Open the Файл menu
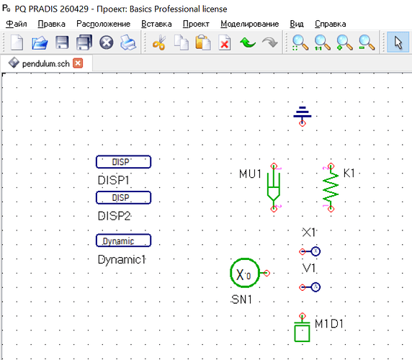point(17,24)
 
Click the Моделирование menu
point(250,24)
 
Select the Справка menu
point(331,24)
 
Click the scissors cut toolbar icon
point(159,42)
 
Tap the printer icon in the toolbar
point(128,42)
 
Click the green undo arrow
point(248,42)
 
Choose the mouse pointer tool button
point(398,42)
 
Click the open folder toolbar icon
point(40,43)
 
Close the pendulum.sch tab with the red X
point(78,63)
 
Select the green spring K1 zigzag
point(331,187)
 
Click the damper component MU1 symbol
point(274,187)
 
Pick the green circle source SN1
point(245,273)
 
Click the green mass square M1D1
point(303,333)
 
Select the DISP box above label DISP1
point(123,162)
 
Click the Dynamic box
point(123,240)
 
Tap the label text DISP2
point(114,216)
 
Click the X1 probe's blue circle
point(315,251)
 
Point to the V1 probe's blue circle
point(315,287)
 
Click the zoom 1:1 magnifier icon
point(322,42)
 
